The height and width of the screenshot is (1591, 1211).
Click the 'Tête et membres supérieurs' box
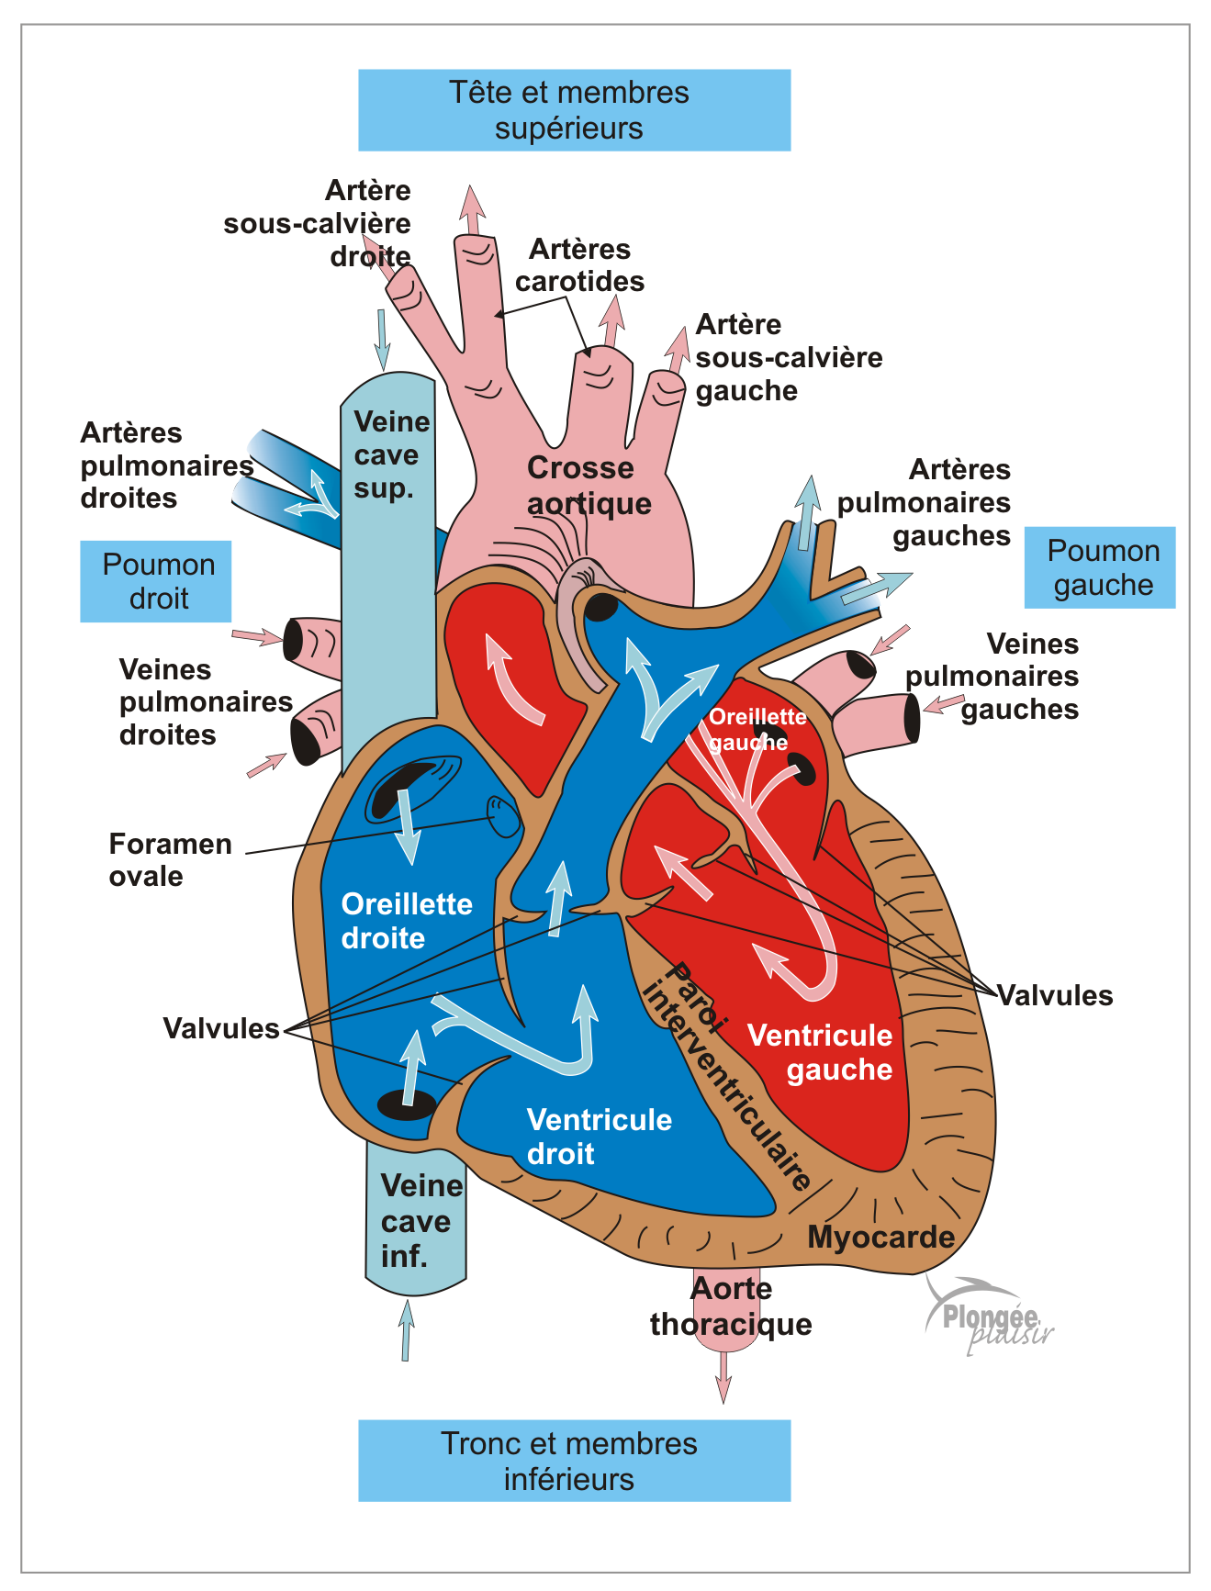click(574, 110)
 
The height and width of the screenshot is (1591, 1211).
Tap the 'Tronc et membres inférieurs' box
click(574, 1461)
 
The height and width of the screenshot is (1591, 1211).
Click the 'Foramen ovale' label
click(170, 859)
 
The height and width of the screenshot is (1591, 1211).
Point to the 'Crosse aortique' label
click(588, 486)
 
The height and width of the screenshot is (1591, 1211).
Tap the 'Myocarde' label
click(880, 1238)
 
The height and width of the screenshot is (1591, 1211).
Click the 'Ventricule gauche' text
click(821, 1052)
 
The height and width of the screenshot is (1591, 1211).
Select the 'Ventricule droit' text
click(599, 1137)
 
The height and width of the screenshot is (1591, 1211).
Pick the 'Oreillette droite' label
click(406, 921)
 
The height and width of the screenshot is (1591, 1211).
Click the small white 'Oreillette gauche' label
click(757, 729)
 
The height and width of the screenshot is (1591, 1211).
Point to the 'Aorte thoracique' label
click(731, 1306)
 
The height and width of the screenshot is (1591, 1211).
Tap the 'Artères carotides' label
click(580, 265)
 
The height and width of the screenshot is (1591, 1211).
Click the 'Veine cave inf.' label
click(420, 1220)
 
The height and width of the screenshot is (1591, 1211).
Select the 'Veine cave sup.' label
click(391, 454)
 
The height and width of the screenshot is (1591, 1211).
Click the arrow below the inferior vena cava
click(406, 1331)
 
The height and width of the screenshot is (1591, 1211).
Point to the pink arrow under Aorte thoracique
click(723, 1376)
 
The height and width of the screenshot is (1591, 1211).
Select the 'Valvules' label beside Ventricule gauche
click(1055, 995)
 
